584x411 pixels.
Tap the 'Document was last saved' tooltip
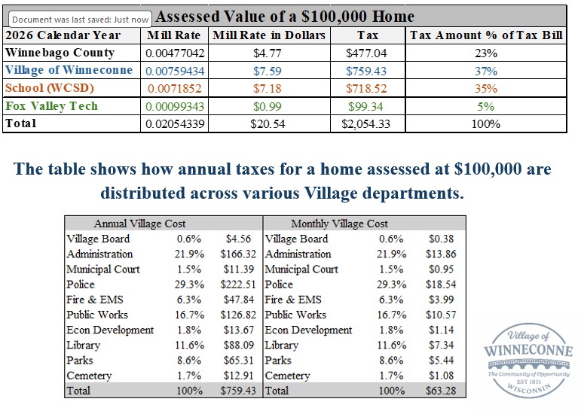click(x=81, y=19)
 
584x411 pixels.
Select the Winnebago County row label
click(x=60, y=53)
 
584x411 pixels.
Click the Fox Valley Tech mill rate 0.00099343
click(x=176, y=106)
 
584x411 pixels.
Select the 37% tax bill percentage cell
click(x=485, y=71)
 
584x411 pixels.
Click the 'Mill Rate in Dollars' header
click(x=269, y=35)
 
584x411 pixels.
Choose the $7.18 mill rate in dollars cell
click(x=269, y=88)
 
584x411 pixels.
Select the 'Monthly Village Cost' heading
click(x=339, y=224)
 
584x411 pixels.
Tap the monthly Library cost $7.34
click(x=440, y=345)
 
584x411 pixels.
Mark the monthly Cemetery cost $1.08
click(x=440, y=375)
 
